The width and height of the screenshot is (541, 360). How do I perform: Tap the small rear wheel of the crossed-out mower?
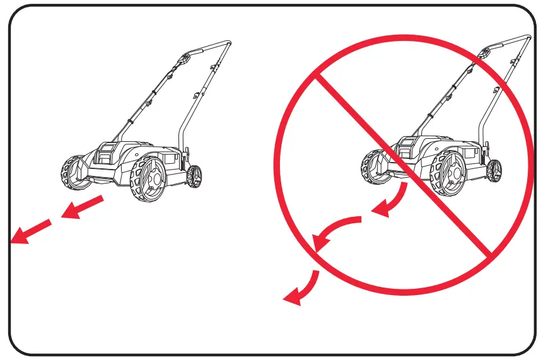496,170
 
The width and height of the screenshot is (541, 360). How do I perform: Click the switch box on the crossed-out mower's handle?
484,55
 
